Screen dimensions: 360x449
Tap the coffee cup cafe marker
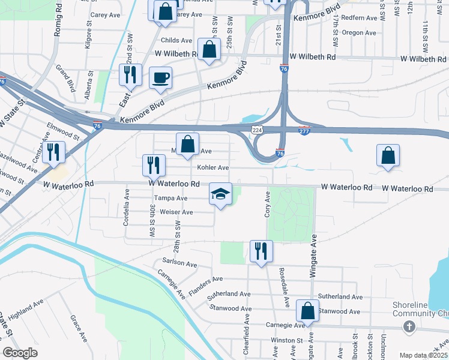(160, 78)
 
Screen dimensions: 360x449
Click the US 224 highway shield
(257, 130)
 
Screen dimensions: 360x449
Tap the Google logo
(20, 353)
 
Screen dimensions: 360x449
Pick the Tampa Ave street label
(170, 198)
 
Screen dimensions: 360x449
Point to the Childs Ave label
(176, 40)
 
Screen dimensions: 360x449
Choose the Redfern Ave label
(358, 18)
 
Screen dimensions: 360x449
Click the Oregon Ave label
(359, 32)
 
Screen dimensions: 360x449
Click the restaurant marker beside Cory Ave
(261, 251)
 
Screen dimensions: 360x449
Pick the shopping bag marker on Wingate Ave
(307, 311)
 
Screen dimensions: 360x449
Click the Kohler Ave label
(214, 167)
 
